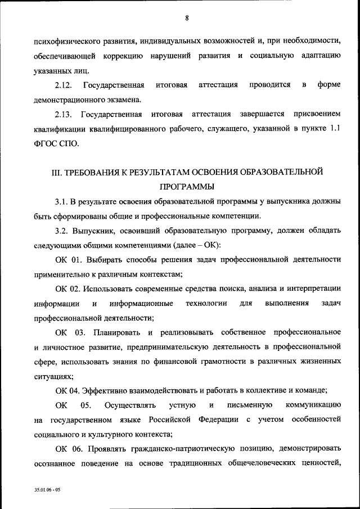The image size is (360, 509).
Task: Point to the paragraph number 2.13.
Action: (x=63, y=114)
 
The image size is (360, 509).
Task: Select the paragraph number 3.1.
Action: (x=61, y=201)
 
